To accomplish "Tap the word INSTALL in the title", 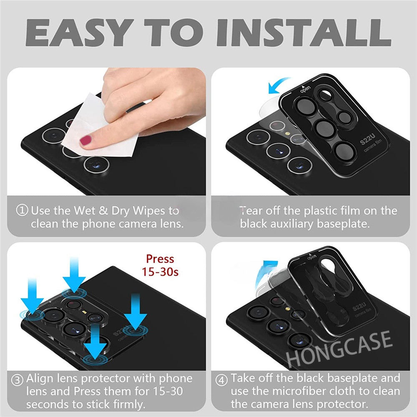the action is point(304,33).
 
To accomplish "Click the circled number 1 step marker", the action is point(22,210).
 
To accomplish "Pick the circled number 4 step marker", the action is point(221,380).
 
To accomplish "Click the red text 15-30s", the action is point(160,272).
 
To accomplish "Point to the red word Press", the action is point(160,259).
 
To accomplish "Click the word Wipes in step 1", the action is point(149,211).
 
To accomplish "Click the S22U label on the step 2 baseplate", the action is point(367,139).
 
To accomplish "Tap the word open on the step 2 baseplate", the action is point(305,89).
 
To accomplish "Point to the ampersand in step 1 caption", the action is point(103,211).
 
